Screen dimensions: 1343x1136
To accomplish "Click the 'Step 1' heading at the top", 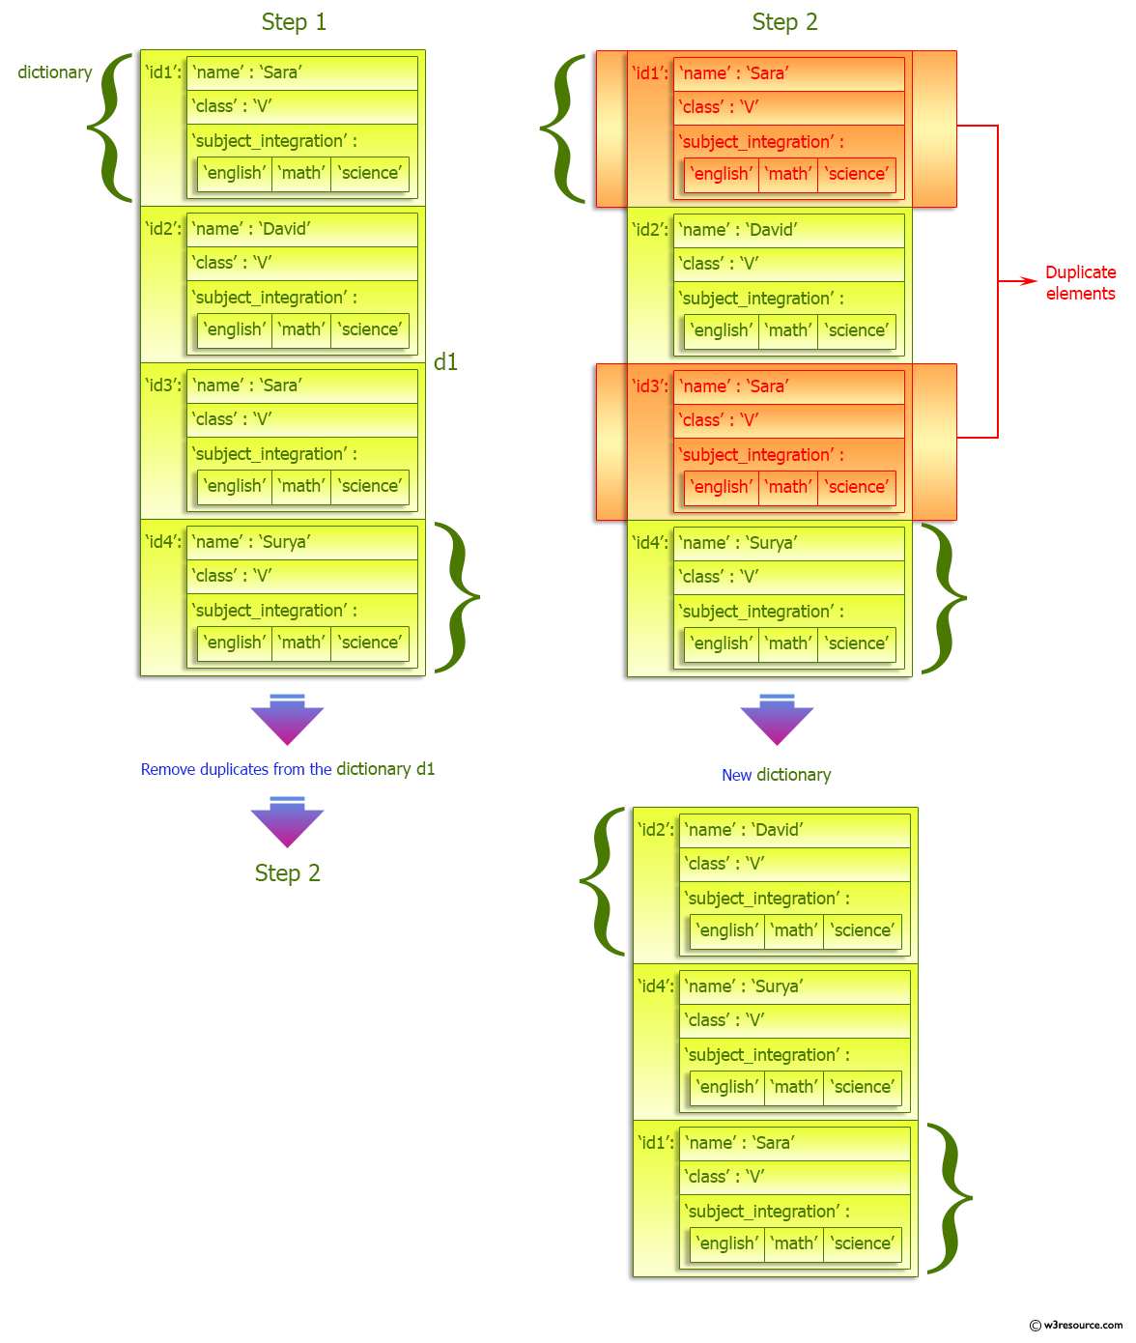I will click(294, 22).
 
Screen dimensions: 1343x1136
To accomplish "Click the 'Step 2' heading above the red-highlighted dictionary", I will click(784, 22).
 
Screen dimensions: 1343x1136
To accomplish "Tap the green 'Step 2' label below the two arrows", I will click(287, 873).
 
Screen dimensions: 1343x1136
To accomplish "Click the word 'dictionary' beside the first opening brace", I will click(55, 72).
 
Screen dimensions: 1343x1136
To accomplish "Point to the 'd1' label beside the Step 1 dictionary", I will click(445, 362).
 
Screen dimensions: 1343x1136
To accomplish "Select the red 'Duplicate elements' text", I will click(1080, 283).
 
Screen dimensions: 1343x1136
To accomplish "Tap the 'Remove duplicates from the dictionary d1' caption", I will click(288, 769).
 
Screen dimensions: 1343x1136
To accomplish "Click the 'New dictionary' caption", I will click(776, 775).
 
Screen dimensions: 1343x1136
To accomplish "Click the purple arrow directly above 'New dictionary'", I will click(777, 721).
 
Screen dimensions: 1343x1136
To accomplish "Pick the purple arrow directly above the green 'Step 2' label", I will click(287, 823).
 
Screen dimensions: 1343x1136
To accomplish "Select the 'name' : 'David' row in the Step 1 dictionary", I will click(301, 229).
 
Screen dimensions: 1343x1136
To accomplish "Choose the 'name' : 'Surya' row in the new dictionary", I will click(794, 986).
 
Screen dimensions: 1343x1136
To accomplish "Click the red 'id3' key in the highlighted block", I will click(649, 386).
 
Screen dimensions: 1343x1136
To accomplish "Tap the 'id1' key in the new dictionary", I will click(655, 1143).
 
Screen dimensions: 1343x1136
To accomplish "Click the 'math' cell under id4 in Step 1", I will click(301, 643).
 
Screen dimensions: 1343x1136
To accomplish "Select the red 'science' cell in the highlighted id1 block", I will click(857, 174).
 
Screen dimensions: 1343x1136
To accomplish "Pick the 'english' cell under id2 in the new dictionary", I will click(727, 930).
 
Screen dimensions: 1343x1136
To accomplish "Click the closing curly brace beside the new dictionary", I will click(951, 1198).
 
